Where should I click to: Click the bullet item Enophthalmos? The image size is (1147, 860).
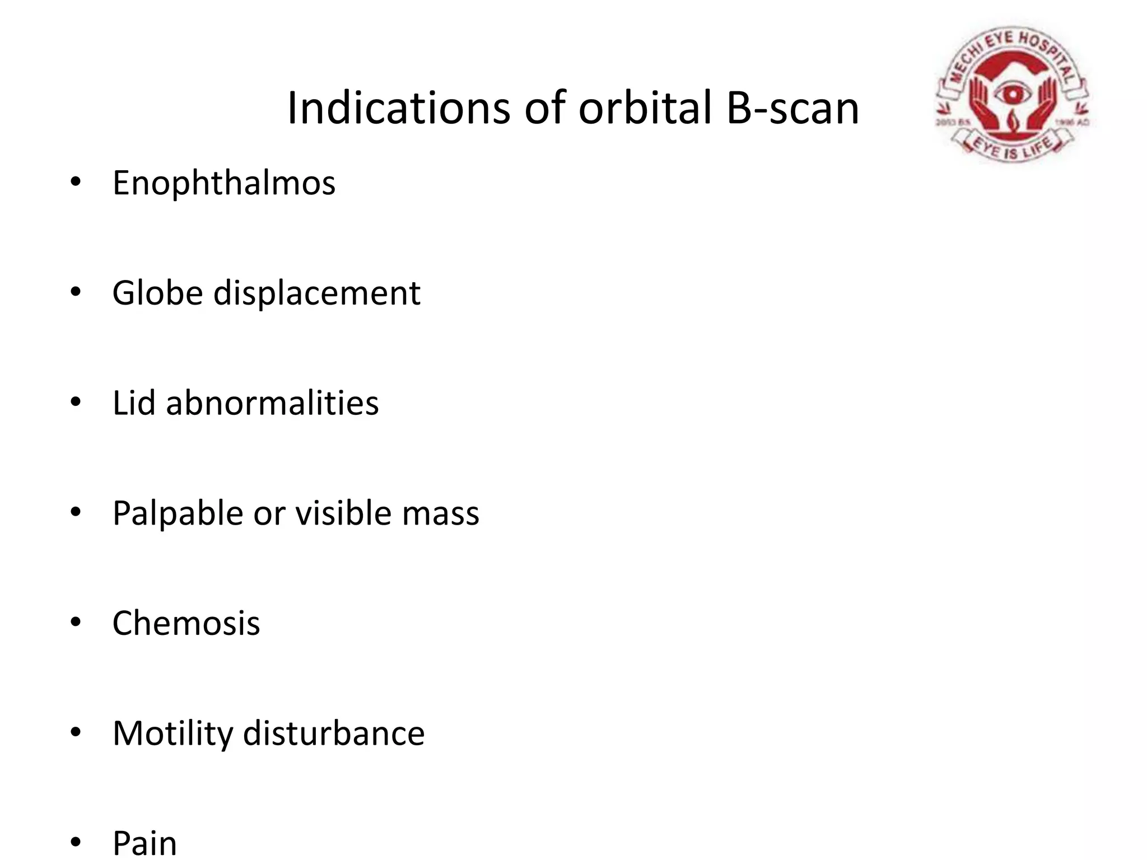(x=223, y=183)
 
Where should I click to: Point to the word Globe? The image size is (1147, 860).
(x=157, y=293)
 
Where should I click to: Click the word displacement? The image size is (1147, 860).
(x=316, y=293)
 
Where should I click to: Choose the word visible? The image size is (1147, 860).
(x=343, y=513)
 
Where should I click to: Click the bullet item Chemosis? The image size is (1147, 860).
(x=186, y=623)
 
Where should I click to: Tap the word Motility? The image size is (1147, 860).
(x=172, y=733)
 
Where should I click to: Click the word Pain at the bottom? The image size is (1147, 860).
(x=144, y=843)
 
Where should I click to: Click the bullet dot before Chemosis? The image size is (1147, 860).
(x=76, y=623)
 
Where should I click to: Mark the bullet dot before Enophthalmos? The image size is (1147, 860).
(x=76, y=183)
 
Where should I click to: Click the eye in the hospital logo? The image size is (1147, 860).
(x=1011, y=93)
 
